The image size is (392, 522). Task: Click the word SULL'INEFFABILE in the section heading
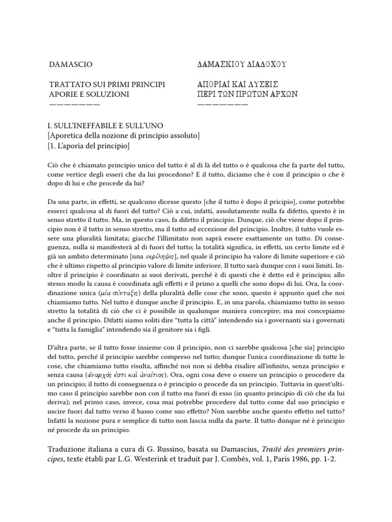tap(89, 125)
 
